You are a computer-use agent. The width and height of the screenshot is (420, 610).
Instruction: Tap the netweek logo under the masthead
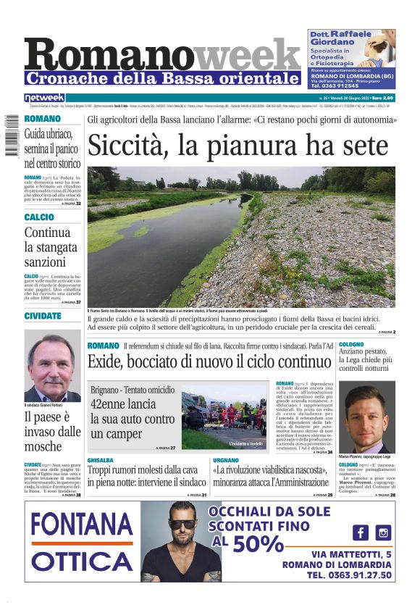(x=45, y=98)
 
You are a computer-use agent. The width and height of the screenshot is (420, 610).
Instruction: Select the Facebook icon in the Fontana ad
(x=360, y=532)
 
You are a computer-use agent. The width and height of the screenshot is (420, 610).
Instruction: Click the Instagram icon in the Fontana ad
(x=383, y=532)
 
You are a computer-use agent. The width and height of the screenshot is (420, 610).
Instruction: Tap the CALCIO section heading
(x=38, y=217)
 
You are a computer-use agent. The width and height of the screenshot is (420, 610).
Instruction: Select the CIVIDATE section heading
(x=43, y=317)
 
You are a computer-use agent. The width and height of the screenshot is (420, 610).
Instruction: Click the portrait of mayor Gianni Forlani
(x=53, y=367)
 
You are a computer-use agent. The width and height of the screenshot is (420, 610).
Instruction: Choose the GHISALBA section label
(x=101, y=460)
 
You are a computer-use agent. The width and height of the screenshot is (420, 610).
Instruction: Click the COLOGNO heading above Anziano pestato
(x=351, y=345)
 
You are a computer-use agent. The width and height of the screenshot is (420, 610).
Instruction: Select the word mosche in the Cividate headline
(x=43, y=446)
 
